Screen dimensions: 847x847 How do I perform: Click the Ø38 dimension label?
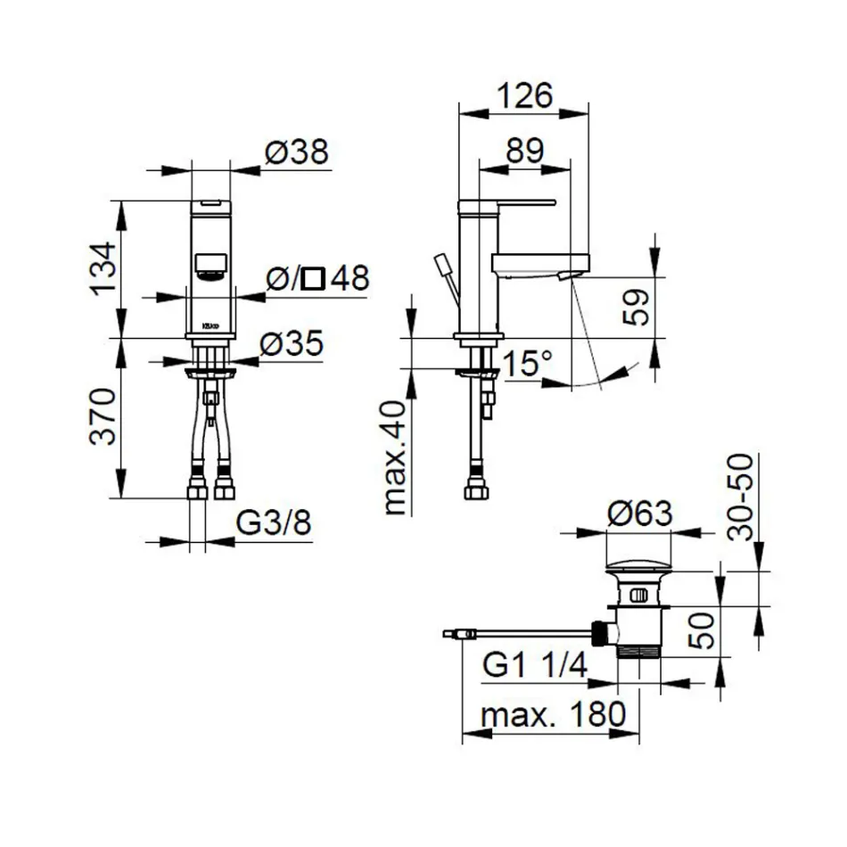[x=297, y=153]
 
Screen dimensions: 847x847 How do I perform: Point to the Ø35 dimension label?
[x=292, y=345]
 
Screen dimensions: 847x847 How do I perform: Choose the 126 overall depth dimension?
[x=523, y=95]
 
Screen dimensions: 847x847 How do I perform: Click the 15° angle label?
[x=526, y=364]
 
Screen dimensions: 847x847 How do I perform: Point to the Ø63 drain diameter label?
[x=639, y=514]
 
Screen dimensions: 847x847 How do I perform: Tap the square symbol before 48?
[x=312, y=279]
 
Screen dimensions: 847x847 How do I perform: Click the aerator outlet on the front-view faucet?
[x=210, y=266]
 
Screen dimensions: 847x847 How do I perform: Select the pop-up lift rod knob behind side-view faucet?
[x=441, y=265]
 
